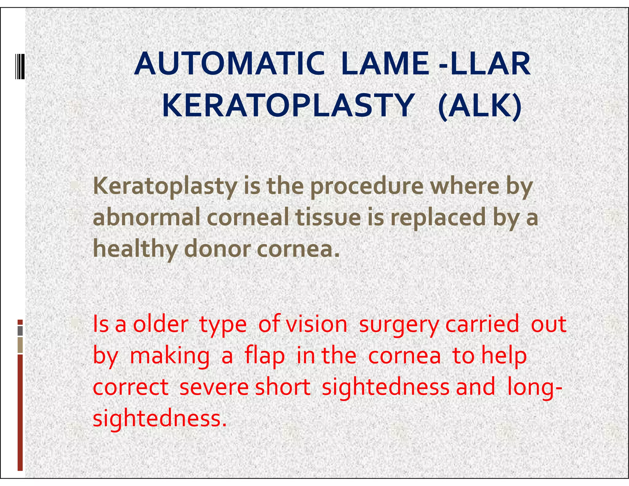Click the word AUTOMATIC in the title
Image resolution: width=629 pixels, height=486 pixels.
click(x=229, y=64)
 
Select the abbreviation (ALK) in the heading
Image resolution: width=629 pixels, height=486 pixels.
click(x=479, y=106)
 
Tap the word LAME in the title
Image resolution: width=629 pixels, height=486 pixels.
click(x=385, y=64)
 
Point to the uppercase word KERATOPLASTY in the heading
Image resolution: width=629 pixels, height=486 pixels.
click(x=288, y=106)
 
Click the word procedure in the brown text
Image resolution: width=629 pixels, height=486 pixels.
click(x=367, y=187)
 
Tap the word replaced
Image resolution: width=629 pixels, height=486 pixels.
click(x=438, y=218)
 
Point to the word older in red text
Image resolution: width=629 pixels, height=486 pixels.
click(x=160, y=324)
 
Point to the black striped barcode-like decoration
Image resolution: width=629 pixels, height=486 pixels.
click(x=20, y=66)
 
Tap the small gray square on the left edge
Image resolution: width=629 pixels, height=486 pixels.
click(x=20, y=331)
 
